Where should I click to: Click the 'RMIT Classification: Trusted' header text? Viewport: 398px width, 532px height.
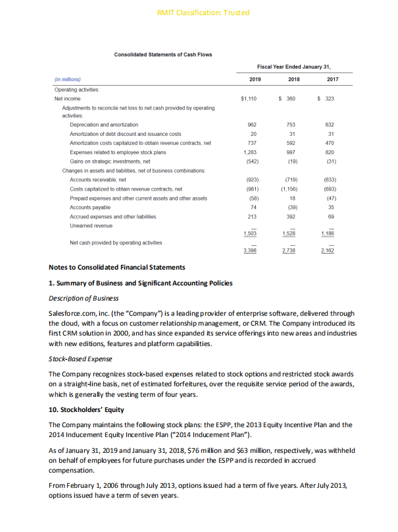[199, 13]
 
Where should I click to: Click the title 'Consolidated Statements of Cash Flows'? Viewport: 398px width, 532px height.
[163, 54]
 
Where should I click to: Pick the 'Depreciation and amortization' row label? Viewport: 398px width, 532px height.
[104, 124]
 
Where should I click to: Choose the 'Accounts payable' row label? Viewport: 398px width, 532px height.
[89, 206]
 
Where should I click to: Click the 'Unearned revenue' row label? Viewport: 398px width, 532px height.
[91, 225]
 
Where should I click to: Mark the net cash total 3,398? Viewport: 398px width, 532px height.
[250, 251]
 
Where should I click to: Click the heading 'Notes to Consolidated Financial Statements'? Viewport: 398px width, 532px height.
[117, 268]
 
